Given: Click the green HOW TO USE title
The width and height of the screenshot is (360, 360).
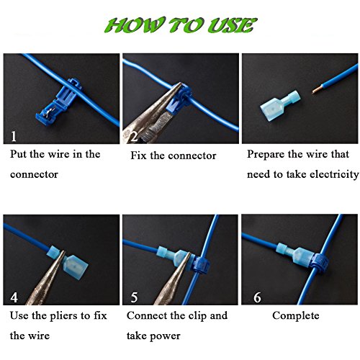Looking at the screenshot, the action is (181, 25).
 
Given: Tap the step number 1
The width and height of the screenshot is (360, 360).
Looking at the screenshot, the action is (14, 136).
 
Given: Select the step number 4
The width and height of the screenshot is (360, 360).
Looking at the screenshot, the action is (14, 297).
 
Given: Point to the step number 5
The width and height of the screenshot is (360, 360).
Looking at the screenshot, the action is (134, 297).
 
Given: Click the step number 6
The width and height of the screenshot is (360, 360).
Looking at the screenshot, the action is (257, 297).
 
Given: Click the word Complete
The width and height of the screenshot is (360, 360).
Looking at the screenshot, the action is (296, 316).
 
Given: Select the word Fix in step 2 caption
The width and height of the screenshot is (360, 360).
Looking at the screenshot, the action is (138, 156).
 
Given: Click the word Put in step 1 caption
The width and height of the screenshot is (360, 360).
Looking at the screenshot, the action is (19, 154).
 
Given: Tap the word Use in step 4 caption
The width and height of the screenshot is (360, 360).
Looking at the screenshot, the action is (19, 315).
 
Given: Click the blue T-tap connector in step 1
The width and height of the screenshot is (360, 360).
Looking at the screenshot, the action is (58, 102).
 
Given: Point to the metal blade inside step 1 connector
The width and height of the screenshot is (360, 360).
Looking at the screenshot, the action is (49, 112).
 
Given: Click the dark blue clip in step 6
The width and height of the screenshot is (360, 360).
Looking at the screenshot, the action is (319, 261).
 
